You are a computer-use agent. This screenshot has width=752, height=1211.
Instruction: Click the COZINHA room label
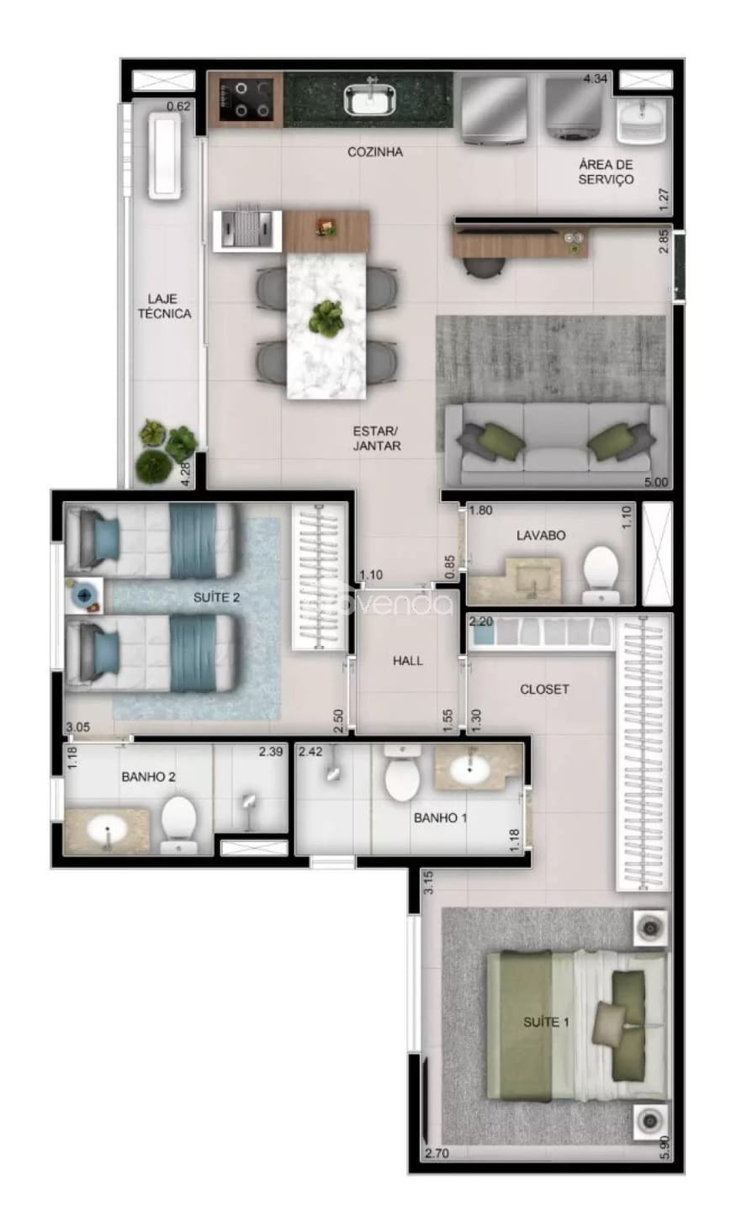375,152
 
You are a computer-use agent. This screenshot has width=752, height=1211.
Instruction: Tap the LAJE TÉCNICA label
164,306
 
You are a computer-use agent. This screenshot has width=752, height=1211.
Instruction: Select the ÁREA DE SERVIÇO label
606,172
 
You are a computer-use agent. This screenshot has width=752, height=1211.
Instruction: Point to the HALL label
408,661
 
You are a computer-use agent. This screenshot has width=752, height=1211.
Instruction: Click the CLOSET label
544,689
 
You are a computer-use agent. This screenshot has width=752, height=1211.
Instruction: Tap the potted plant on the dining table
326,318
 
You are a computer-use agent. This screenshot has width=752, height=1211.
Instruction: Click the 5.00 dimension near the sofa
655,483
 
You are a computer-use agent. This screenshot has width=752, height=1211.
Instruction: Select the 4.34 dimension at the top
596,80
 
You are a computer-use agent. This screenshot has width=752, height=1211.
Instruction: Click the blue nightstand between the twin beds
85,595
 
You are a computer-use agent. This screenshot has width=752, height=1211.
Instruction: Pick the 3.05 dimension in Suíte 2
78,728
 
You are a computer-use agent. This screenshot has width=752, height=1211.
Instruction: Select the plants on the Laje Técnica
167,451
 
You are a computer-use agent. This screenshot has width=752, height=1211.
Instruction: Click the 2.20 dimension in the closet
480,621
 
